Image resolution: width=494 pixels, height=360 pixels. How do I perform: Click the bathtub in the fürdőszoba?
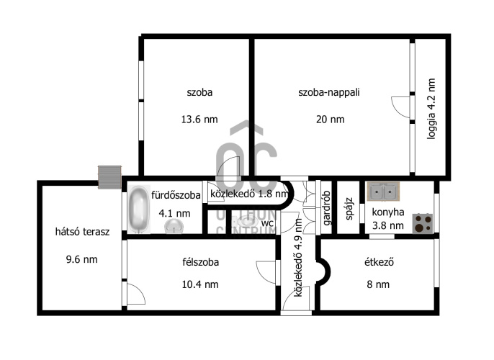[x=139, y=209]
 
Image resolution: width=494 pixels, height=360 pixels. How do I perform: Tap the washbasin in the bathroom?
[x=174, y=227]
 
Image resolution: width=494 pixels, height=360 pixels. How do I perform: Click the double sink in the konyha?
[x=383, y=192]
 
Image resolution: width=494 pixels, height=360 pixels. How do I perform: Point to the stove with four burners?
[x=423, y=223]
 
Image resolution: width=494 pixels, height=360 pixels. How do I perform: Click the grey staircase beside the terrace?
[x=109, y=177]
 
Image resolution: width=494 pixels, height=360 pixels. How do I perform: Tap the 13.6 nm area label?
[x=199, y=120]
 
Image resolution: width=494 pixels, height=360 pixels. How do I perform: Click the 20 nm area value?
[x=330, y=120]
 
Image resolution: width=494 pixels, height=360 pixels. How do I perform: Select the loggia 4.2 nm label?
[x=431, y=109]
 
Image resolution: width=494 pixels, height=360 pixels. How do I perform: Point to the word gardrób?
[x=327, y=208]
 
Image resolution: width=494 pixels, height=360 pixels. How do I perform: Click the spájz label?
[x=349, y=209]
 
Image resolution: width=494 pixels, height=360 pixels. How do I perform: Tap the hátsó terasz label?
[x=82, y=232]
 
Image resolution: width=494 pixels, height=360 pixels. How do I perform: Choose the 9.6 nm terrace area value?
[x=81, y=259]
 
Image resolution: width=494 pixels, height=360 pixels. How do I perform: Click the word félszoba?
[x=201, y=262]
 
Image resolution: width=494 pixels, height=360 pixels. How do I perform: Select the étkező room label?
[x=379, y=262]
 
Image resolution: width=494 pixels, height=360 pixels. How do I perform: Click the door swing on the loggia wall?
[x=401, y=107]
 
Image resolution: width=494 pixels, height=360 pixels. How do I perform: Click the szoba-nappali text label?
[x=329, y=92]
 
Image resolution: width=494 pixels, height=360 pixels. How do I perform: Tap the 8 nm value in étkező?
[x=378, y=284]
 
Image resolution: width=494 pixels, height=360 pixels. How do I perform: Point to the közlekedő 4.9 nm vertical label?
[x=298, y=258]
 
